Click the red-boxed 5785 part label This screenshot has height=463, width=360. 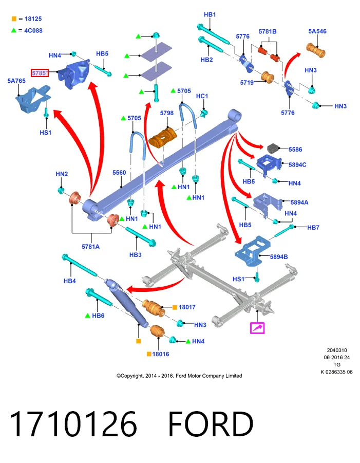pyautogui.click(x=40, y=72)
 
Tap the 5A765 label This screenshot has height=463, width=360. pyautogui.click(x=16, y=81)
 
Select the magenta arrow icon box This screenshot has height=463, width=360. pyautogui.click(x=257, y=328)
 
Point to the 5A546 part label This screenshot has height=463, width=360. pyautogui.click(x=317, y=31)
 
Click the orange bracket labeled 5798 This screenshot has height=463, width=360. pyautogui.click(x=163, y=137)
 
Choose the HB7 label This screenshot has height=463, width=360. pyautogui.click(x=313, y=227)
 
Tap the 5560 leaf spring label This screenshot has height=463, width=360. pyautogui.click(x=119, y=173)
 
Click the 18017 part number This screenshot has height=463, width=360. pyautogui.click(x=187, y=307)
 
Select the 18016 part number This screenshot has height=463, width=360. pyautogui.click(x=161, y=354)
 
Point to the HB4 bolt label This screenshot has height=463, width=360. pyautogui.click(x=70, y=281)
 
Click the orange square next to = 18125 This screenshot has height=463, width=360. pyautogui.click(x=14, y=19)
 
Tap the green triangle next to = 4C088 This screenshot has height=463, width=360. pyautogui.click(x=13, y=30)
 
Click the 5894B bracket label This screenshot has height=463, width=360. pyautogui.click(x=279, y=257)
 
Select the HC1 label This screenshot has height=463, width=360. pyautogui.click(x=202, y=96)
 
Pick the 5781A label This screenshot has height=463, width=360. pyautogui.click(x=90, y=247)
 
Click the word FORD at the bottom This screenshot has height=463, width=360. pyautogui.click(x=211, y=424)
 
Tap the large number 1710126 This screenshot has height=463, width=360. pyautogui.click(x=73, y=424)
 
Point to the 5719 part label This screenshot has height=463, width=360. pyautogui.click(x=247, y=83)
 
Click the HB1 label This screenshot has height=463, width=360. pyautogui.click(x=210, y=14)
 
